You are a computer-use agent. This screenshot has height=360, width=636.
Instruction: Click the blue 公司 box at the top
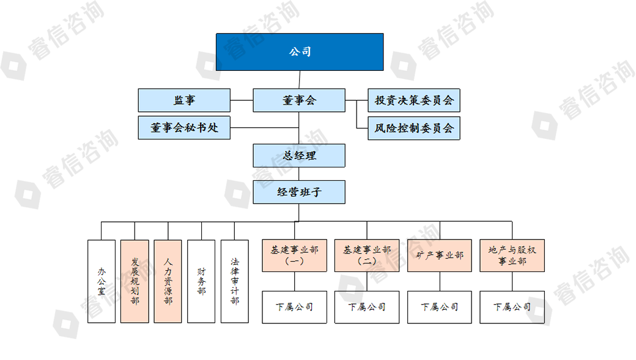coord(300,52)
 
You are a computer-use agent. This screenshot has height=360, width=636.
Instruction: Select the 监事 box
coord(184,100)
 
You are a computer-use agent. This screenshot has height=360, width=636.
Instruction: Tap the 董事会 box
coord(299,100)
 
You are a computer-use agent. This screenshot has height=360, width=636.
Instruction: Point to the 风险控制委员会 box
coord(414,128)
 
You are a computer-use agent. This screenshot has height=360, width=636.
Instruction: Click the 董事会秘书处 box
coord(184,128)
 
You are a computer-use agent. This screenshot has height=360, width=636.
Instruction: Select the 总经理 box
coord(299,155)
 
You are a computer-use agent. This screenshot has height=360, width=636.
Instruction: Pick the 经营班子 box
coord(299,192)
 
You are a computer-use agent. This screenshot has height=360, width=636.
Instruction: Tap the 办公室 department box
coord(102,281)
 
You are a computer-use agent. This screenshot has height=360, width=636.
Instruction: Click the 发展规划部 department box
coord(135,281)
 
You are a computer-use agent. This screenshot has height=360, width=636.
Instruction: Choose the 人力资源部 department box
coord(168,281)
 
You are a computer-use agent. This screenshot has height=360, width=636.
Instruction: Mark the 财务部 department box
coord(201,281)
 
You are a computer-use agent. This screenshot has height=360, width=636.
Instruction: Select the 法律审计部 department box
coord(235,281)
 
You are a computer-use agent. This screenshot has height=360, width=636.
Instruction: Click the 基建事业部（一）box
coord(295,255)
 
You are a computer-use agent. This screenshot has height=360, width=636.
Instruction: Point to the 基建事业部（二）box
coord(367,255)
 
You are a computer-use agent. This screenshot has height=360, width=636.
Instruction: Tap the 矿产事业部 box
coord(440,255)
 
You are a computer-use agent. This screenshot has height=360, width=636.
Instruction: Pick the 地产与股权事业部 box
coord(512,255)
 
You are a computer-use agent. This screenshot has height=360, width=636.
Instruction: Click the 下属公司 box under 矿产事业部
coord(440,307)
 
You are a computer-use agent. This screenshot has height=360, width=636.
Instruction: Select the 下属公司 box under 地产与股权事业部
coord(512,307)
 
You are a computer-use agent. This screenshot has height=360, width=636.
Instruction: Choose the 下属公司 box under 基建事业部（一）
coord(295,307)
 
